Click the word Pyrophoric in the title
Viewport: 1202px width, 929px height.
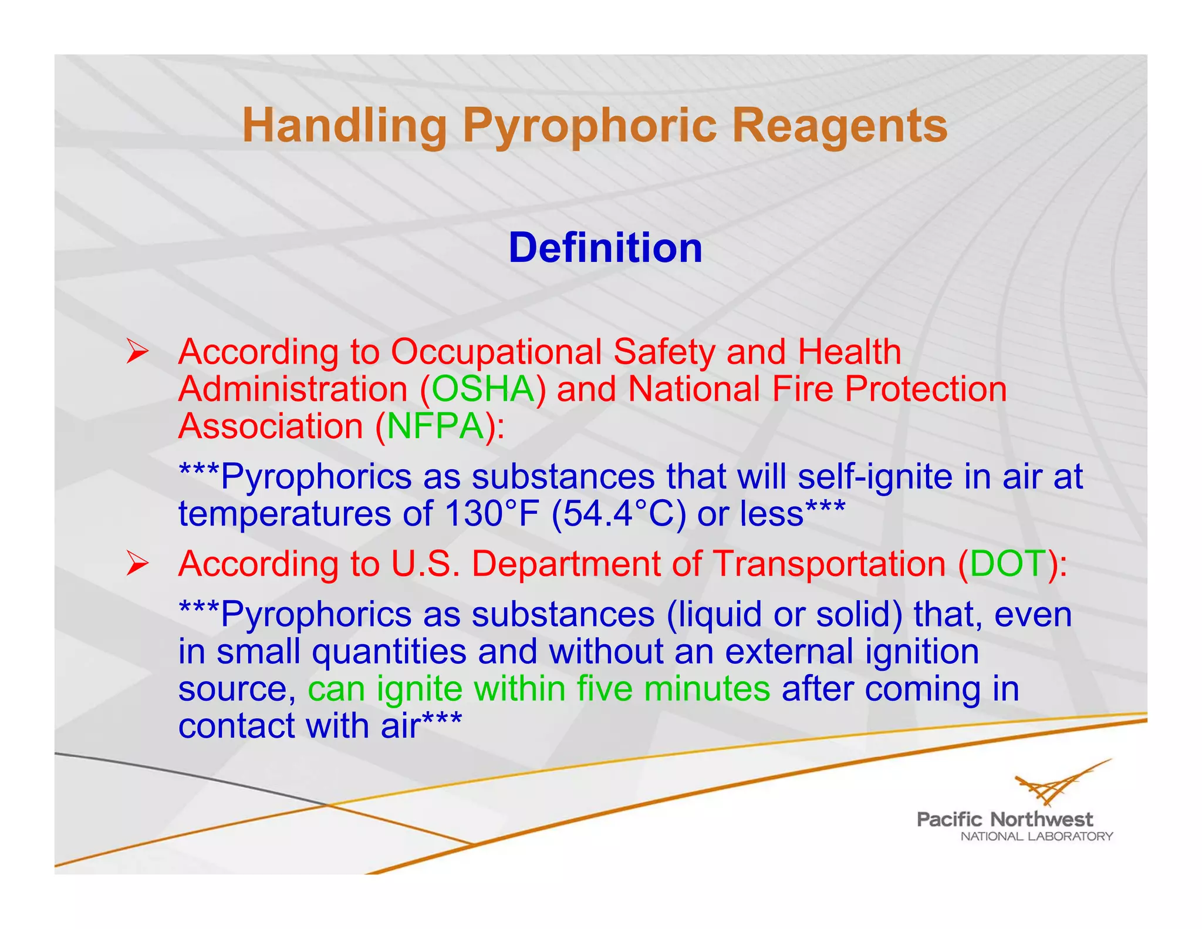pyautogui.click(x=589, y=126)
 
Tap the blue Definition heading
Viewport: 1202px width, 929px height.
pyautogui.click(x=605, y=248)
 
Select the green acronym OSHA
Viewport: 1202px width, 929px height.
pyautogui.click(x=483, y=389)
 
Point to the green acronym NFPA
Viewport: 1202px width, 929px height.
pyautogui.click(x=435, y=426)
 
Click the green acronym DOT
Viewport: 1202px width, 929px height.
pyautogui.click(x=1008, y=564)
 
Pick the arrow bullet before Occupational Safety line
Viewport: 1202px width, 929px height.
pyautogui.click(x=137, y=353)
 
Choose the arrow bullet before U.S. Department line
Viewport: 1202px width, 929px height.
pyautogui.click(x=137, y=565)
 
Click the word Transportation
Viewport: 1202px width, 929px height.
pyautogui.click(x=829, y=564)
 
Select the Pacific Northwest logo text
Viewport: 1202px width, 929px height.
pyautogui.click(x=1004, y=819)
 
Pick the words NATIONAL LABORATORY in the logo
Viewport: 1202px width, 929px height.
pyautogui.click(x=1036, y=837)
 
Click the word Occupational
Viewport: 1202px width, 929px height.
pyautogui.click(x=496, y=352)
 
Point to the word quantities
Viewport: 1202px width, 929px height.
pyautogui.click(x=389, y=652)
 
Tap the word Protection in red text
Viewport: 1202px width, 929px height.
pyautogui.click(x=926, y=389)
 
